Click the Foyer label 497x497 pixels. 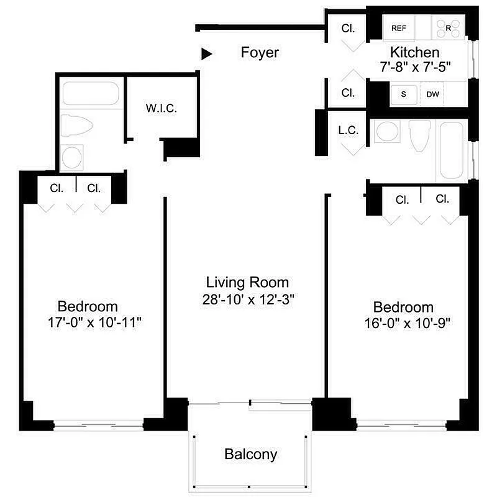click(260, 53)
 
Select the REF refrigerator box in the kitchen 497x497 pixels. click(398, 29)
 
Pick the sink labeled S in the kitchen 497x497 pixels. click(403, 94)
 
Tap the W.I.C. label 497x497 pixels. click(162, 108)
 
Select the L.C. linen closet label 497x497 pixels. click(347, 130)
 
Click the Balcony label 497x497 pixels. click(250, 454)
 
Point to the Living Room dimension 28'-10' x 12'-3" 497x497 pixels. click(248, 298)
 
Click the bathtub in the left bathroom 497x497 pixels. click(91, 94)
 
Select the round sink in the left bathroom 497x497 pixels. click(73, 156)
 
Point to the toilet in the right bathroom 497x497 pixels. click(420, 135)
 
